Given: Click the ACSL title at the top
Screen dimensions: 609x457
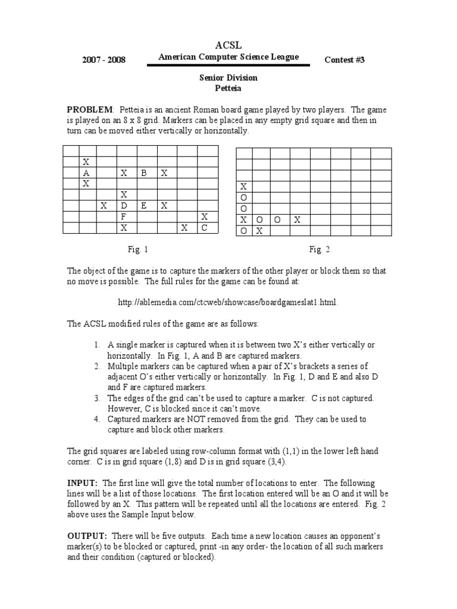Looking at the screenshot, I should coord(228,46).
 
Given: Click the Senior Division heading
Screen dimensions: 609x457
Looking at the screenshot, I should coord(228,78).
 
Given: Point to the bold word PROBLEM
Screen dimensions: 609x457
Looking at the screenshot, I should coord(90,110).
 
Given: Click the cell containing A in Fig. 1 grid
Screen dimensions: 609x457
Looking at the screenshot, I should coord(86,172).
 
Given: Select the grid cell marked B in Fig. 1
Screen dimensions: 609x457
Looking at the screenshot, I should coord(143,172).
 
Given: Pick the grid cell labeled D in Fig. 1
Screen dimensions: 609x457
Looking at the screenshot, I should coord(124,205).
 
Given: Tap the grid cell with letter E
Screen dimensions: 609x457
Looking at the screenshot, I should coord(143,205).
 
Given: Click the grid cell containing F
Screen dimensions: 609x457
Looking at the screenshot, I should coord(124,216).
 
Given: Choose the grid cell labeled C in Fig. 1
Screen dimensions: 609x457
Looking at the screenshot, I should coord(204,227).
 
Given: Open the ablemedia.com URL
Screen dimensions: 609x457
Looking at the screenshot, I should coord(228,302).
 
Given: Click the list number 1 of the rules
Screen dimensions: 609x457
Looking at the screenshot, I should coord(97,344).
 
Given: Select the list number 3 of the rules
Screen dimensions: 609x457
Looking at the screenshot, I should coord(97,398).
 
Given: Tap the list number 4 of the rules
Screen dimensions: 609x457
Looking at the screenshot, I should coord(97,419).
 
